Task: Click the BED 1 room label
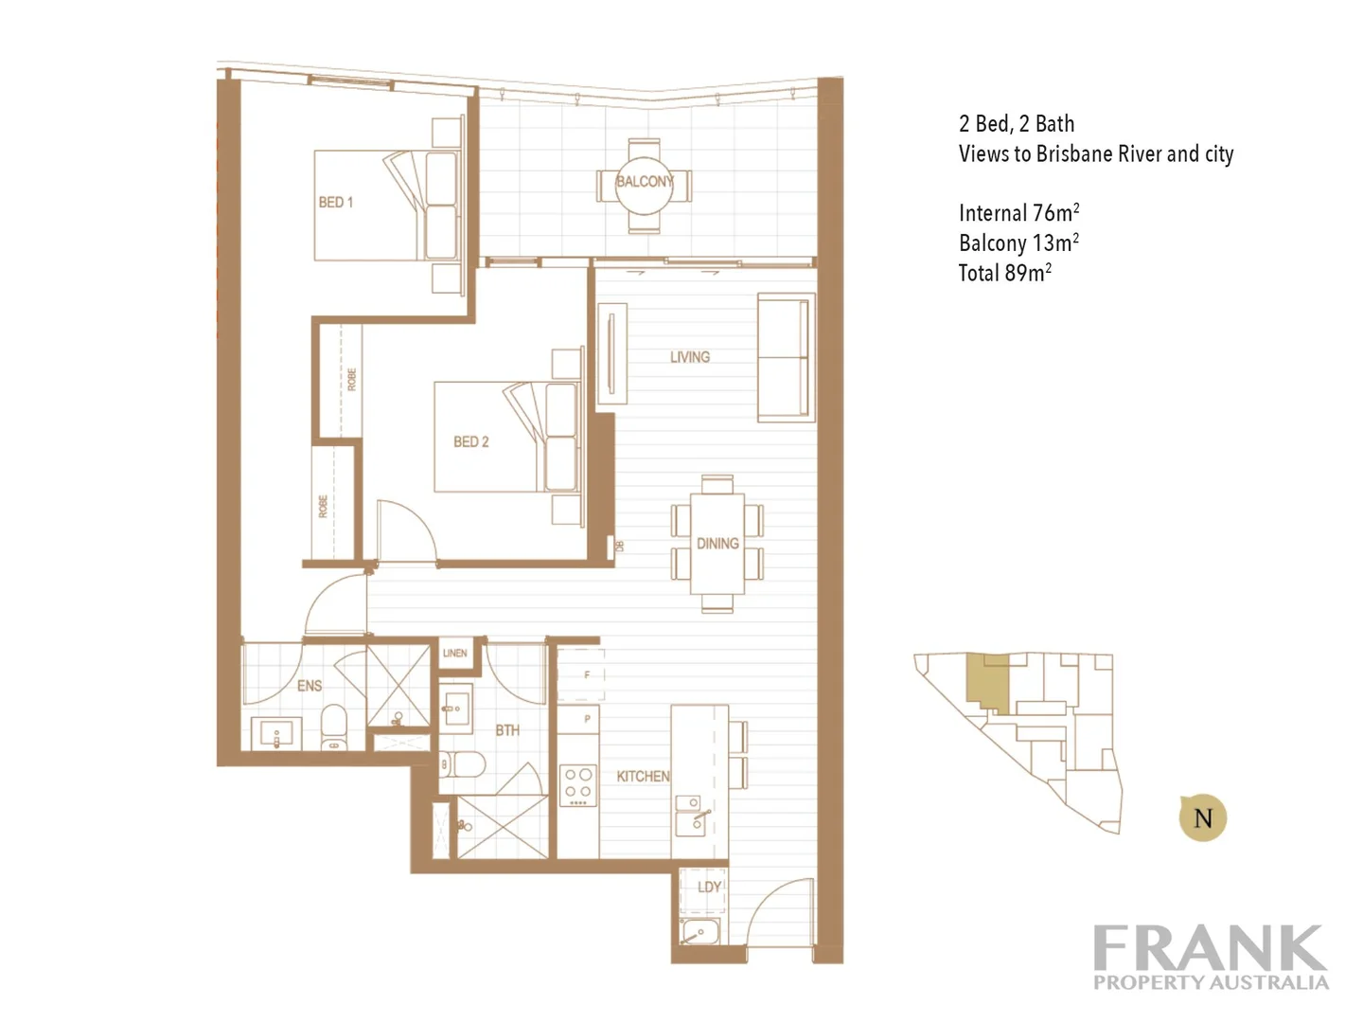(336, 202)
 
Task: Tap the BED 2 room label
(470, 441)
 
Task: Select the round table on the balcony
(644, 183)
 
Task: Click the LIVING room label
(689, 357)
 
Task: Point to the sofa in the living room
(785, 358)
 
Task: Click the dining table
(717, 544)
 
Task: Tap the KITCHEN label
(643, 776)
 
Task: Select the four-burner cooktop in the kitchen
(577, 785)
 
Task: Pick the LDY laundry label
(709, 887)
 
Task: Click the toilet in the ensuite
(334, 727)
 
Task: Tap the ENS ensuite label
(310, 685)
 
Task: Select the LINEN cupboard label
(455, 653)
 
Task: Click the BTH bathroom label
(507, 730)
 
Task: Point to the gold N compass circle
(1203, 818)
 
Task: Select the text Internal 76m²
(1018, 213)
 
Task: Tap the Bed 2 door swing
(405, 532)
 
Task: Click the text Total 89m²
(1004, 274)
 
